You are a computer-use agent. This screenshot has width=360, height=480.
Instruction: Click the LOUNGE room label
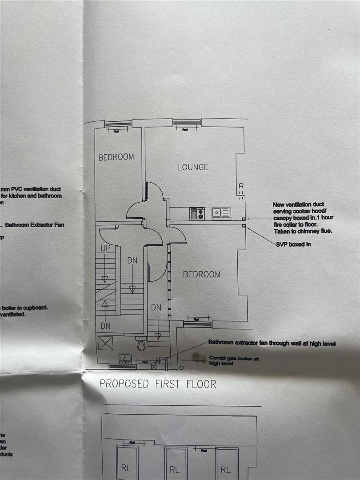(x=193, y=167)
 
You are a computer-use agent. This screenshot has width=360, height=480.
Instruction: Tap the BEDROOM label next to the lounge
(x=116, y=157)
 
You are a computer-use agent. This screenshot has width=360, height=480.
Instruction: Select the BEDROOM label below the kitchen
(x=201, y=274)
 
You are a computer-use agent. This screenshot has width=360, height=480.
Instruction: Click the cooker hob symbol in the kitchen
(x=196, y=214)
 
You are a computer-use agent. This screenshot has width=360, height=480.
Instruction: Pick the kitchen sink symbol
(x=221, y=213)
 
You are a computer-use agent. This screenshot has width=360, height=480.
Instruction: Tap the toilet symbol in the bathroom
(x=141, y=344)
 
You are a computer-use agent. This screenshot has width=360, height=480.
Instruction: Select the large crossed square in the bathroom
(x=106, y=343)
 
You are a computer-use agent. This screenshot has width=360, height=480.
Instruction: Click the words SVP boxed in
(x=293, y=244)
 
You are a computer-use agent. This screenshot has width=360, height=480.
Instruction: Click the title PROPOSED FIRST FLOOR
(x=158, y=384)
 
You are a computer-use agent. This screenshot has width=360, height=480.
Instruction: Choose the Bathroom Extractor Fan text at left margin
(x=35, y=225)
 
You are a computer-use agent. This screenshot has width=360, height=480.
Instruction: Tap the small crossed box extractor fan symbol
(x=154, y=367)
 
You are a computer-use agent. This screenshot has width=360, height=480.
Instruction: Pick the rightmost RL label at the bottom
(x=226, y=470)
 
